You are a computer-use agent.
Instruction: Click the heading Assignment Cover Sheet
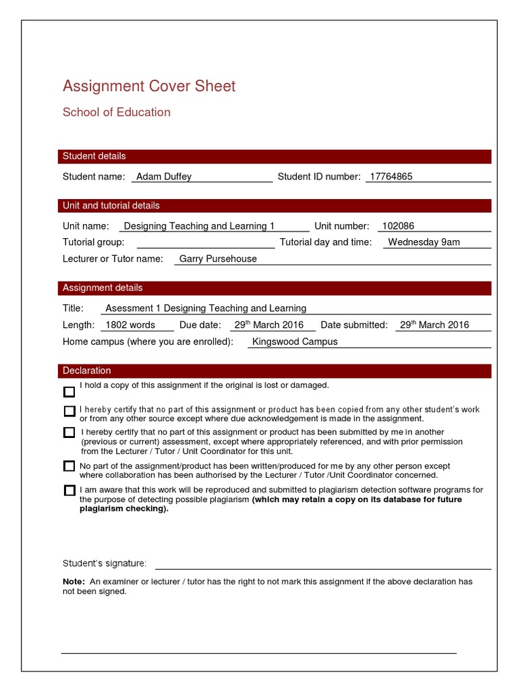(149, 86)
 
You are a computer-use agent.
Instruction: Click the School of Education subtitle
(117, 113)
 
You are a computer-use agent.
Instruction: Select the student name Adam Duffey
(164, 177)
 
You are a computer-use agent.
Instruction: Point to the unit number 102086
(398, 226)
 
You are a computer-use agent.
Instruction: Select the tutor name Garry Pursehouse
(218, 258)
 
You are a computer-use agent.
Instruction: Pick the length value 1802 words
(130, 325)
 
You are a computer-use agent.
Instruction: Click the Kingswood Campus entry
(294, 341)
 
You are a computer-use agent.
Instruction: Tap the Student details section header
(94, 157)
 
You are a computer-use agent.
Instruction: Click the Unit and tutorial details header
(111, 206)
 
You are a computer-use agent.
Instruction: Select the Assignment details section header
(103, 288)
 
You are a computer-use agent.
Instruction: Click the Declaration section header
(87, 371)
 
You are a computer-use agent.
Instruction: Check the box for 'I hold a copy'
(69, 392)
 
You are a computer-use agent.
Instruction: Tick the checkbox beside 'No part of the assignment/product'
(69, 466)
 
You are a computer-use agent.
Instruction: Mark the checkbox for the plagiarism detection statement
(69, 490)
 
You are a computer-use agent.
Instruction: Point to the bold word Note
(74, 582)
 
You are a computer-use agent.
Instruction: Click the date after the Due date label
(268, 325)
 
